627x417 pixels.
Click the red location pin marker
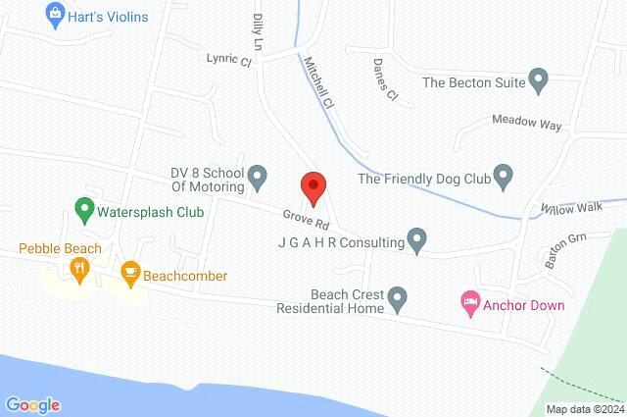tap(312, 185)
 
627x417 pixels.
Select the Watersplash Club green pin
tap(83, 210)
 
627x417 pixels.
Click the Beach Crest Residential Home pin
tap(397, 296)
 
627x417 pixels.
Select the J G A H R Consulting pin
tap(417, 239)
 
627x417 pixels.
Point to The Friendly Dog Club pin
tap(504, 178)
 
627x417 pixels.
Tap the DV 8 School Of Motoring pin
tap(258, 178)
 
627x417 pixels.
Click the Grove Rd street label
tap(302, 218)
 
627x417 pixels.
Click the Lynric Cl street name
tap(229, 58)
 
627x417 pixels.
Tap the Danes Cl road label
tap(385, 79)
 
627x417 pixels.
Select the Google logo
tap(32, 404)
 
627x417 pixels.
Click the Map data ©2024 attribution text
tap(584, 409)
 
